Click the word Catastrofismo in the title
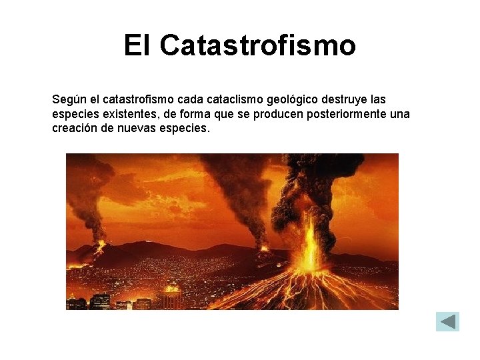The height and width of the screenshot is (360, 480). [x=258, y=46]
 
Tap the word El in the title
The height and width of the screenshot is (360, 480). [x=138, y=46]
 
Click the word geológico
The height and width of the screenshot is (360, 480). [x=293, y=100]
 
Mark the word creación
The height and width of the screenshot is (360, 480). [x=73, y=128]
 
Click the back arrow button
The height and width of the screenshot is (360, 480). [x=447, y=321]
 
